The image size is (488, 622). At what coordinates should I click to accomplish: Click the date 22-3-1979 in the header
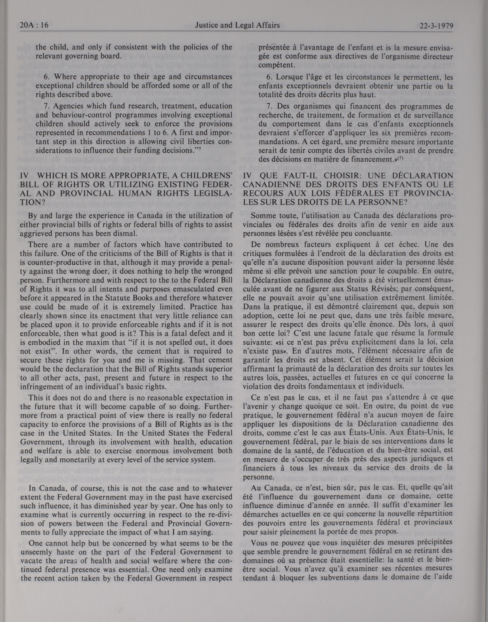(x=436, y=26)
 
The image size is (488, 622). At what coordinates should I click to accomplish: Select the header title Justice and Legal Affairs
(x=237, y=26)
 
